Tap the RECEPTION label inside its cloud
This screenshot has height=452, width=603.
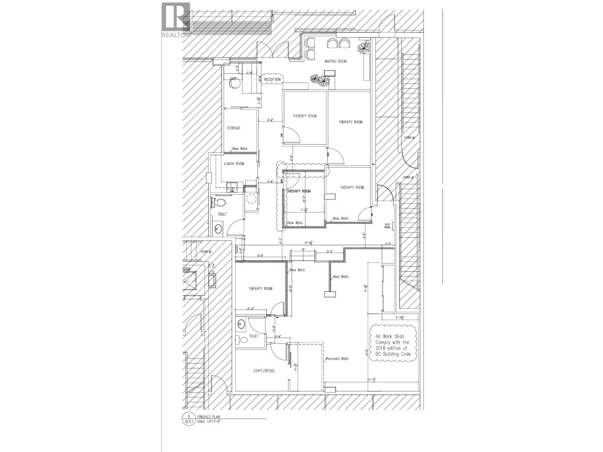272,79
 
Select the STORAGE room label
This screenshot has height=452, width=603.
234,128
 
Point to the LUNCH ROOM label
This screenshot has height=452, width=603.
234,163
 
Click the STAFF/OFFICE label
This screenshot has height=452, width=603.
264,371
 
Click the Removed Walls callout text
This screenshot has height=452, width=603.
337,359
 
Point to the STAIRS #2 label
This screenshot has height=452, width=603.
409,138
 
